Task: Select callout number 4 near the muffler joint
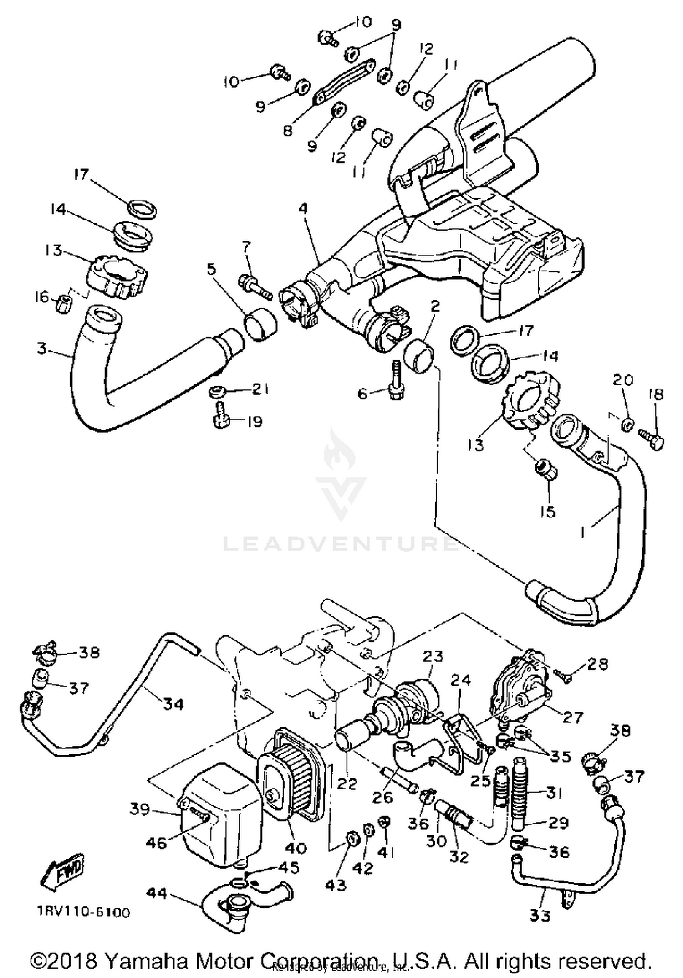[303, 209]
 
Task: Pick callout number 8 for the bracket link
[287, 131]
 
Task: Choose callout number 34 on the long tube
[173, 704]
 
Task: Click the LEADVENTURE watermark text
[341, 543]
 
